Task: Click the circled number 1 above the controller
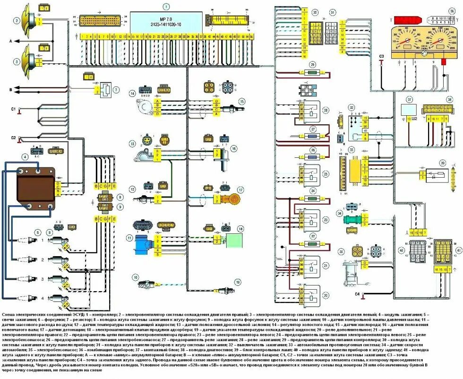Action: point(166,7)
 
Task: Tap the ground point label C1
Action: point(14,109)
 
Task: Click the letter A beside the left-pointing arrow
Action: point(10,42)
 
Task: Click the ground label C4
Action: point(357,294)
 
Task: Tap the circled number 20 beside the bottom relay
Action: point(326,294)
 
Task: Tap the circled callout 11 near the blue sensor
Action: point(129,237)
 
